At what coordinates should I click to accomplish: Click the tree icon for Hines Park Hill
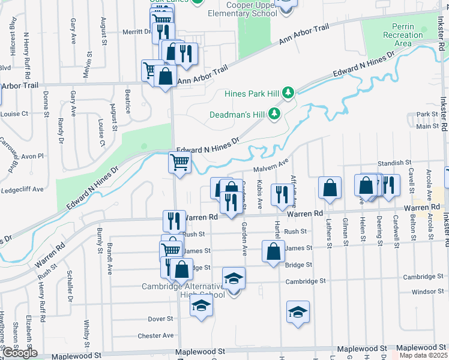pyautogui.click(x=289, y=92)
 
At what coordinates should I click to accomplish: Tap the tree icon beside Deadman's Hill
pyautogui.click(x=274, y=113)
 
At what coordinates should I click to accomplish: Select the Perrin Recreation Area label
pyautogui.click(x=403, y=35)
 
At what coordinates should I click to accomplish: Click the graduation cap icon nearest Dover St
pyautogui.click(x=201, y=306)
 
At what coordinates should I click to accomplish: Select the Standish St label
pyautogui.click(x=394, y=163)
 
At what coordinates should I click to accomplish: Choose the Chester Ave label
pyautogui.click(x=155, y=335)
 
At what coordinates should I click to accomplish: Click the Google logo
pyautogui.click(x=20, y=353)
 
